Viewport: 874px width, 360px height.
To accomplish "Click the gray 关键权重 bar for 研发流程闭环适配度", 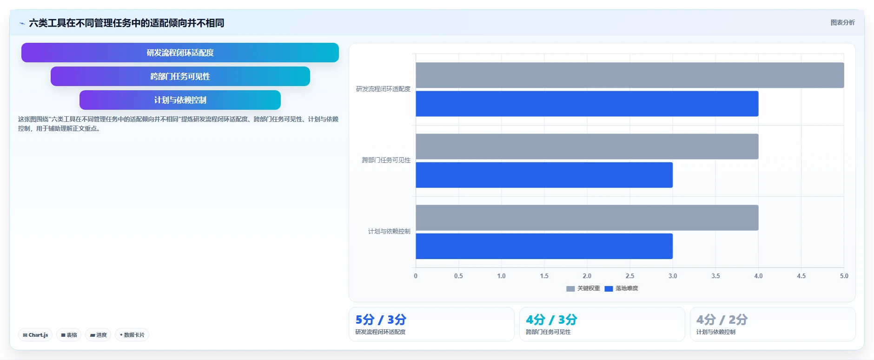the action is point(630,75).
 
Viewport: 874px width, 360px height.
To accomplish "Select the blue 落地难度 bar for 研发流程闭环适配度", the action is point(587,104).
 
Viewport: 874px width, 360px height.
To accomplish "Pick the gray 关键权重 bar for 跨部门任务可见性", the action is point(587,147).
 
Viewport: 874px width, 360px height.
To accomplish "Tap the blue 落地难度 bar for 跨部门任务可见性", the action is point(544,175).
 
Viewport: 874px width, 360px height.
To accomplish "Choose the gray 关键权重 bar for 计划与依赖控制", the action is point(587,218).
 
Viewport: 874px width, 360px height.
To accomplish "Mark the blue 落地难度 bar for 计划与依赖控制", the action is point(544,246).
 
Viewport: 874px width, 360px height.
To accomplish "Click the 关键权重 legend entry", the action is point(583,288).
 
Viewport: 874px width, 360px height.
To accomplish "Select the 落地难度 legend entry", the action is point(621,288).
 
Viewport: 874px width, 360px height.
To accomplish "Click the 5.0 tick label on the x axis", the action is point(844,276).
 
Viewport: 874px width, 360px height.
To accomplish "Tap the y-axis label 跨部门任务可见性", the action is point(386,160).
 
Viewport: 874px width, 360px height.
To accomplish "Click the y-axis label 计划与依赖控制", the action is point(389,231).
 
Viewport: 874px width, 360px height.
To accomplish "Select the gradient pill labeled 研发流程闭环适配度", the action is point(180,53).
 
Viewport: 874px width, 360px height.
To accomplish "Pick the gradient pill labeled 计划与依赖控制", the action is point(180,100).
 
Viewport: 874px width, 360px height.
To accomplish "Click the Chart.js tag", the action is point(35,335).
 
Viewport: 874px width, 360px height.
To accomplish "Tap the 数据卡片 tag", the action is point(132,335).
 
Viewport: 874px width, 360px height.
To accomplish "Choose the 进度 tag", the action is point(98,335).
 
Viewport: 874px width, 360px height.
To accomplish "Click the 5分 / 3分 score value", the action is point(381,320).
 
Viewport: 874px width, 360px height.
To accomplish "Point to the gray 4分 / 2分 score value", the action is point(722,320).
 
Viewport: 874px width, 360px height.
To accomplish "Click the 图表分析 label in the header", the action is point(842,22).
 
